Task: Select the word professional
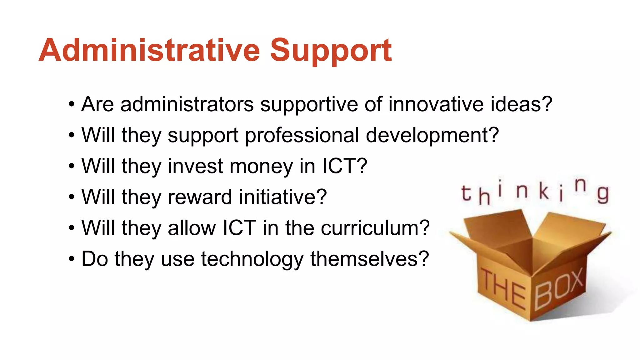[302, 136]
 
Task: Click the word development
[432, 136]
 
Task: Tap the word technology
[252, 259]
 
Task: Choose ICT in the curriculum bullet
[239, 228]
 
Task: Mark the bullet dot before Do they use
[72, 259]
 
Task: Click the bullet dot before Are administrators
[72, 105]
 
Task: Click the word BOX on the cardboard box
[559, 288]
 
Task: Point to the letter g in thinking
[603, 194]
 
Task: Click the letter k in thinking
[544, 191]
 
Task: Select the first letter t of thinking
[466, 193]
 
